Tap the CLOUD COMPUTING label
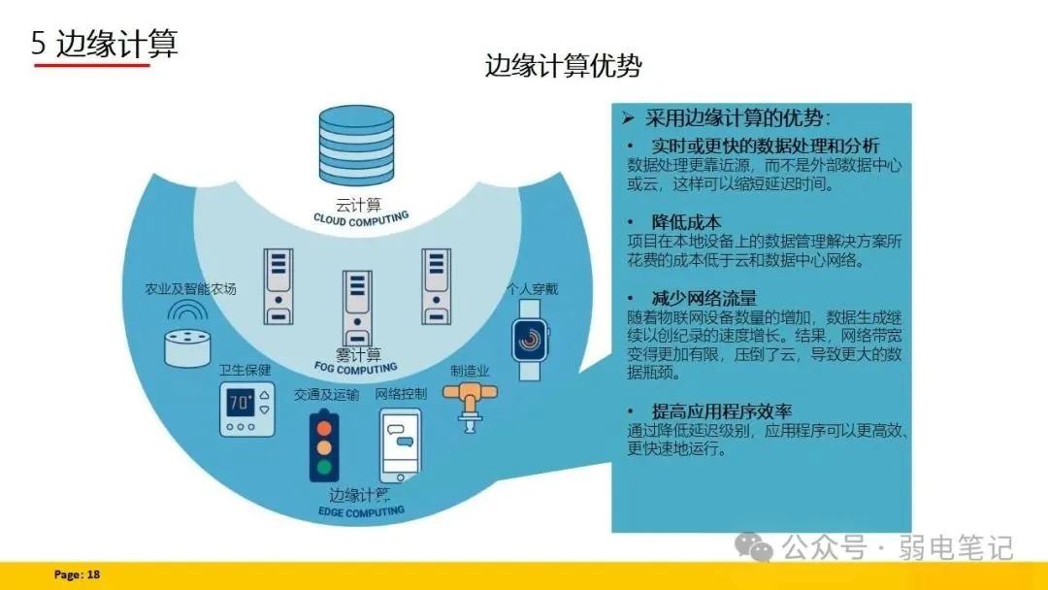point(361,219)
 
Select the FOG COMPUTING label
point(356,368)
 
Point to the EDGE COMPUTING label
point(361,510)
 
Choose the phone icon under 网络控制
point(400,444)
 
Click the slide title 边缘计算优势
point(563,65)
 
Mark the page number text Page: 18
point(77,574)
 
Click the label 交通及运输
point(326,395)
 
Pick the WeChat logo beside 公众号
point(754,547)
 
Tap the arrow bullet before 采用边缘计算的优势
point(628,118)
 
